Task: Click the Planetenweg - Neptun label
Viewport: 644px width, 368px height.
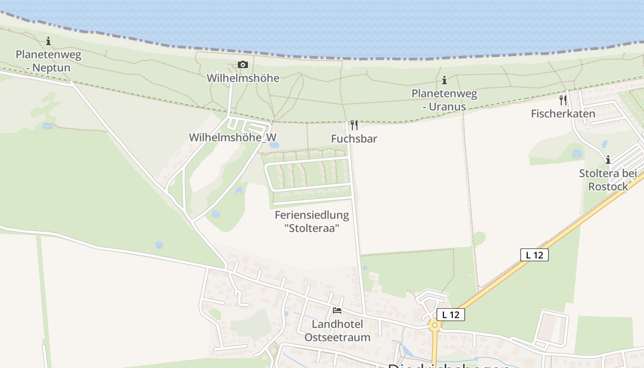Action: coord(48,61)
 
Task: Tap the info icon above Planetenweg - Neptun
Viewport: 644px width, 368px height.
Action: coord(48,41)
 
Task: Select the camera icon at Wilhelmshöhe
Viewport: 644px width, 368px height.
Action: coord(242,65)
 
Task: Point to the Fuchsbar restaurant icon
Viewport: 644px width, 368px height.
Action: coord(354,125)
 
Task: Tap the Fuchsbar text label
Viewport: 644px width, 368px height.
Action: coord(354,138)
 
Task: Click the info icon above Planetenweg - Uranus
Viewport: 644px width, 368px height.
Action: coord(444,80)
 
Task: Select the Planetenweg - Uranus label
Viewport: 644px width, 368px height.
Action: coord(444,100)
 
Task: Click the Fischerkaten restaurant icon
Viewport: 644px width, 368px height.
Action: coord(563,100)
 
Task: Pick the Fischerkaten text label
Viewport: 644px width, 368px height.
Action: coord(563,114)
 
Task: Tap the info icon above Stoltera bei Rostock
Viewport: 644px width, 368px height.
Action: coord(608,160)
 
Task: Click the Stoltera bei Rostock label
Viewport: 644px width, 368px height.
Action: coord(608,180)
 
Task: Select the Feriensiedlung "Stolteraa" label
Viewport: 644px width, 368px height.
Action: coord(312,221)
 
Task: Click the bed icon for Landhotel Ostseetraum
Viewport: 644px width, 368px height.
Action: coord(337,310)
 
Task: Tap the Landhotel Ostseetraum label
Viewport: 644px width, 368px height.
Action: coord(337,330)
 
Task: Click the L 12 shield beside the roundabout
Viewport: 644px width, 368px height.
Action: coord(451,315)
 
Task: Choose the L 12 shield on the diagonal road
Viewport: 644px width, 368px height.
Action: coord(535,255)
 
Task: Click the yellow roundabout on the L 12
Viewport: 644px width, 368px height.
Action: coord(434,325)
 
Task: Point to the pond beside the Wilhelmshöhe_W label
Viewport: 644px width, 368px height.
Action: coord(275,145)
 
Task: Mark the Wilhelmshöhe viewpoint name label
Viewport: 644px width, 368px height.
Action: coord(243,78)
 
